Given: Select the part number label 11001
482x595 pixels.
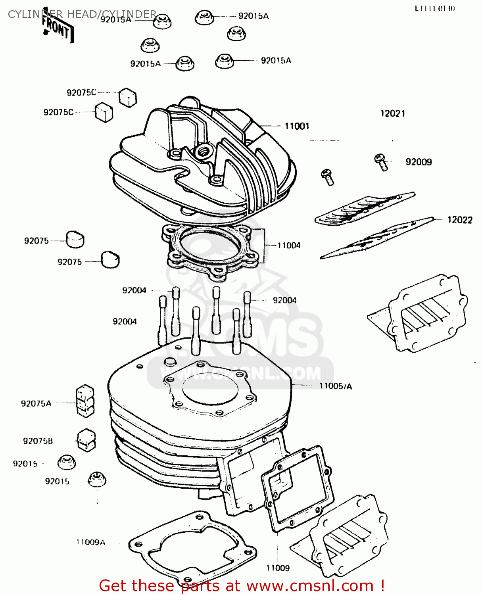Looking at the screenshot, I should click(x=297, y=126).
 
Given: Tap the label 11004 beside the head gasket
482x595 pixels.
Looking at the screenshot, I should click(x=289, y=246).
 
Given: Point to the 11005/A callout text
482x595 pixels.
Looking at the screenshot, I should click(x=336, y=386).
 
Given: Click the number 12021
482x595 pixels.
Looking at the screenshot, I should click(x=393, y=114).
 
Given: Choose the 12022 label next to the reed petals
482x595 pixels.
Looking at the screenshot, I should click(x=460, y=220).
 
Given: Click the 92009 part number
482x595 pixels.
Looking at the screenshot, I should click(x=419, y=162).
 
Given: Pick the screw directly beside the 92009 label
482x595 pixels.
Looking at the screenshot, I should click(x=380, y=161).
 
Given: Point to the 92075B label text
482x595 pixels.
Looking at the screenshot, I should click(x=38, y=441).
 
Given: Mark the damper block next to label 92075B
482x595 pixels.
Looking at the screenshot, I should click(x=86, y=440).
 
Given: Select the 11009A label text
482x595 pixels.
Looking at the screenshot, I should click(x=91, y=542).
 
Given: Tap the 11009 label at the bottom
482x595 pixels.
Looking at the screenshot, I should click(x=278, y=568).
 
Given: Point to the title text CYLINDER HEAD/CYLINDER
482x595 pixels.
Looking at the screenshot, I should click(x=82, y=14).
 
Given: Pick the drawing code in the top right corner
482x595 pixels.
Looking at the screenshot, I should click(x=435, y=8).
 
